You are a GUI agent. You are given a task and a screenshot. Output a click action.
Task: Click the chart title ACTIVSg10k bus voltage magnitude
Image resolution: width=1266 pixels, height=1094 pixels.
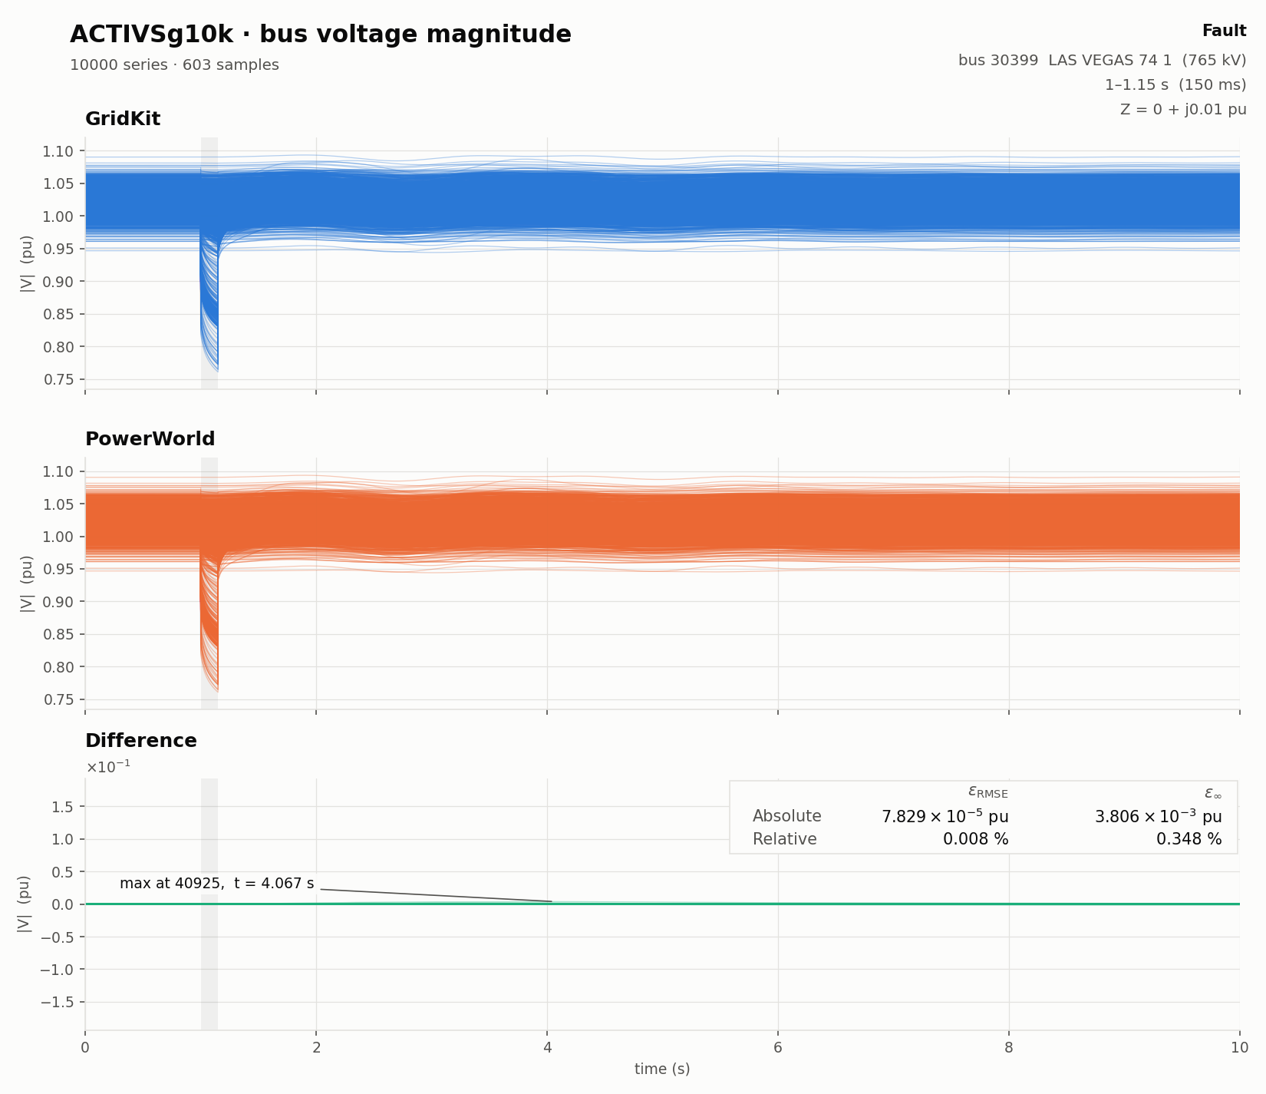coord(321,35)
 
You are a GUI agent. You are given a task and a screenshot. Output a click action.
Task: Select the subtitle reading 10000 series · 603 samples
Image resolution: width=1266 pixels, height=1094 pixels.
coord(174,65)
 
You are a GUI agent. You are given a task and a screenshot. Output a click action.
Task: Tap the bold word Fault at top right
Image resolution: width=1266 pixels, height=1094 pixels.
coord(1224,31)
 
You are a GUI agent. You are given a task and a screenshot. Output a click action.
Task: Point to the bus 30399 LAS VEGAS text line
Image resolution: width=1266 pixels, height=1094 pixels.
coord(1103,61)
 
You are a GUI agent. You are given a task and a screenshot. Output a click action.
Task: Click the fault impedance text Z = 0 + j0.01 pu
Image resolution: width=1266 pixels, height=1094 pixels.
coord(1183,110)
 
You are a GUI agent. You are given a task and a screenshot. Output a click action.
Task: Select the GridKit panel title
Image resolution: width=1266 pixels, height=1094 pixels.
coord(123,119)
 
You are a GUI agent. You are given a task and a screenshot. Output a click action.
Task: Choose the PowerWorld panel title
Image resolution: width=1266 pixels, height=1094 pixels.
coord(150,439)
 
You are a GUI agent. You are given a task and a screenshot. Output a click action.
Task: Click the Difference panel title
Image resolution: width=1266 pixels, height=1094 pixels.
coord(141,741)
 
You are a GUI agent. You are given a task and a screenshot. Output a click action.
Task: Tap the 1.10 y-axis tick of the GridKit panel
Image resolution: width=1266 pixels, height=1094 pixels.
coord(58,151)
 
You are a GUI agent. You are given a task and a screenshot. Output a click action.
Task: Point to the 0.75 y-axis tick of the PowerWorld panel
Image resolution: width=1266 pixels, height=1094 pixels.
coord(58,699)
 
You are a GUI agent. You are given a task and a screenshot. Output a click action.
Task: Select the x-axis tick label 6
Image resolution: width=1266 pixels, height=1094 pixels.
coord(778,1048)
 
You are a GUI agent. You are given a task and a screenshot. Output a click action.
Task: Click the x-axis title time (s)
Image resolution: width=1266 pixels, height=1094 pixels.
coord(662,1069)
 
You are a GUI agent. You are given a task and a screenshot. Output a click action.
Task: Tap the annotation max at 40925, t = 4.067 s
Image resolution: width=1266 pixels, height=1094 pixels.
coord(217,884)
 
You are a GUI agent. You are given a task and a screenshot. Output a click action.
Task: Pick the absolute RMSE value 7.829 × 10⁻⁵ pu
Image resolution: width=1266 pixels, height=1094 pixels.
coord(945,816)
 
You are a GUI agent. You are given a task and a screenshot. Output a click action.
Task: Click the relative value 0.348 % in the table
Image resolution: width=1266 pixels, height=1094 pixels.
coord(1189,839)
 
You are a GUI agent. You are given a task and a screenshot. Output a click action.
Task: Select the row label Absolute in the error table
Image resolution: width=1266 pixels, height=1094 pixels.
coord(787,816)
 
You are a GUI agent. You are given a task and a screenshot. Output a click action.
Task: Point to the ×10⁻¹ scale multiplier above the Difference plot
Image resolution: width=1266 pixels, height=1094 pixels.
coord(108,766)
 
